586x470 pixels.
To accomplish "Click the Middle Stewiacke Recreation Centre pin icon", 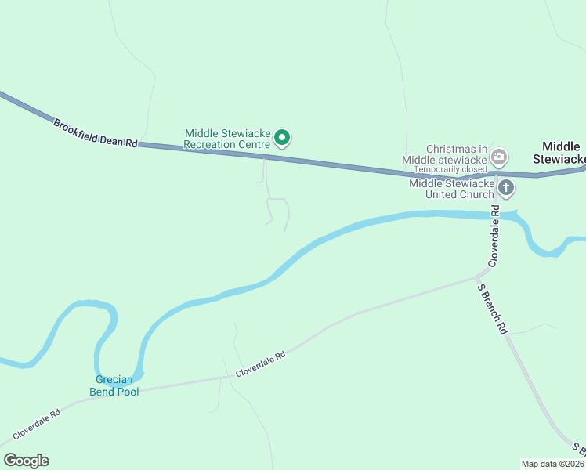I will point(283,139).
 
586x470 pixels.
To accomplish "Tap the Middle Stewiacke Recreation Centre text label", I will point(227,139).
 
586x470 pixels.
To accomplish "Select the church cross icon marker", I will point(506,188).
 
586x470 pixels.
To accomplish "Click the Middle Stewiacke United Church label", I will point(452,189).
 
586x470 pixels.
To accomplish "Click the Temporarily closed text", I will point(450,169).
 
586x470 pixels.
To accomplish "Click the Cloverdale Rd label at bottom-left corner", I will point(36,424).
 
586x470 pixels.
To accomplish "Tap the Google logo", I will point(26,461).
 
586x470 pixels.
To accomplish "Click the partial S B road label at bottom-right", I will point(578,449).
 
